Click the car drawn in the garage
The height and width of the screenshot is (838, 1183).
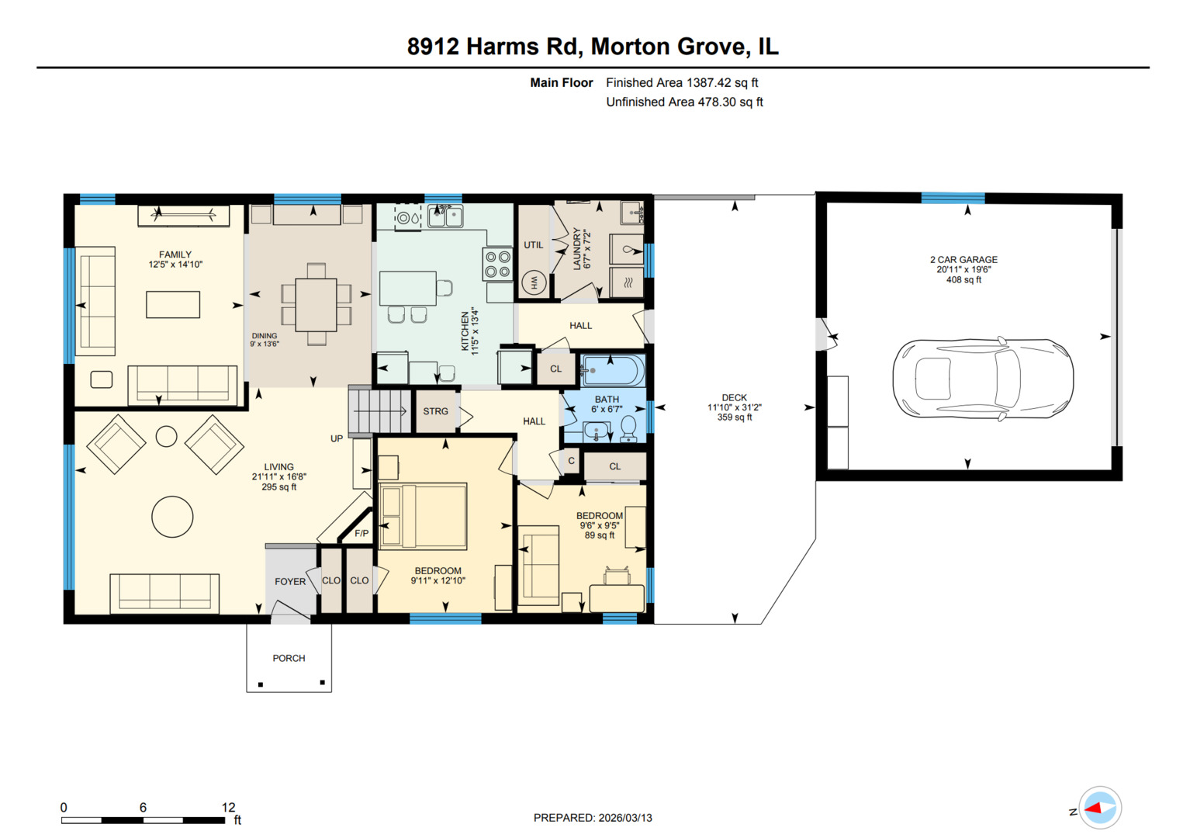983,379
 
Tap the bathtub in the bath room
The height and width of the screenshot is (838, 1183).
613,371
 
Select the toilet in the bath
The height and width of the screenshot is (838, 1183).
628,428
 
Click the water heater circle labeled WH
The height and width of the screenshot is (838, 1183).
534,283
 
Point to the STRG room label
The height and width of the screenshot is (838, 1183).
435,411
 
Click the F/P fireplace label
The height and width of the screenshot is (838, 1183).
361,533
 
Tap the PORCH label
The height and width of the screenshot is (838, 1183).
289,658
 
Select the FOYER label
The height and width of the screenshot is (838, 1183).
290,581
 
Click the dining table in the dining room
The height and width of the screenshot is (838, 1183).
316,304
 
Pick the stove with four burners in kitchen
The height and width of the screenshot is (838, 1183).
497,264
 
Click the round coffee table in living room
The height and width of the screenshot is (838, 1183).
172,517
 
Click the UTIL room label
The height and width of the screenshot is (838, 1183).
534,245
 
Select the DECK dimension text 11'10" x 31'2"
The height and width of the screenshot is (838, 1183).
734,407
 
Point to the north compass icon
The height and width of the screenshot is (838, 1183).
1099,809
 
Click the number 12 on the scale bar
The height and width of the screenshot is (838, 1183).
228,807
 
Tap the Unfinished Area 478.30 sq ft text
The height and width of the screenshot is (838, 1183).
684,102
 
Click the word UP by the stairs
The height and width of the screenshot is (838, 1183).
337,438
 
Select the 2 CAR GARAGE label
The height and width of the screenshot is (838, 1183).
963,260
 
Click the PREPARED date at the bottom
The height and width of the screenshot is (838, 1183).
593,818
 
